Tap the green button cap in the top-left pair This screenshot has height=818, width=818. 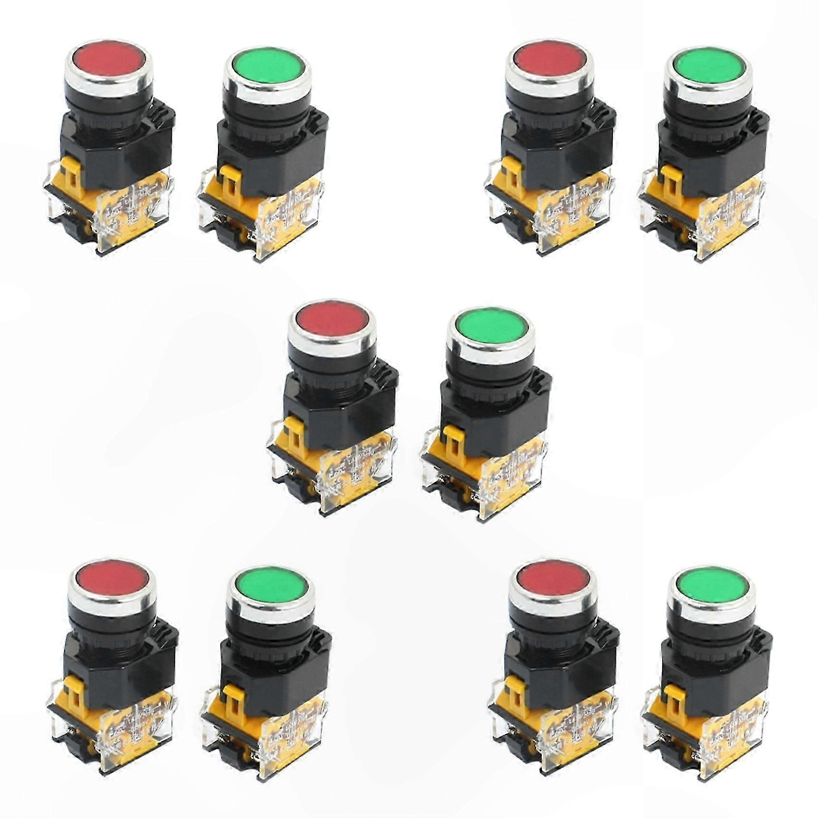(265, 72)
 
